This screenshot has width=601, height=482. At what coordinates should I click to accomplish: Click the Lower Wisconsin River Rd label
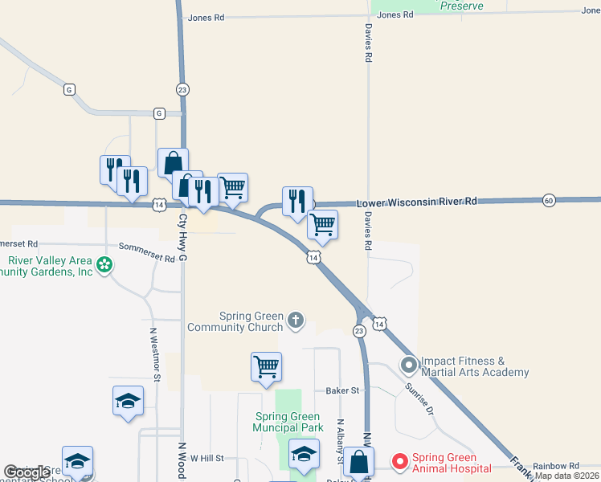point(416,202)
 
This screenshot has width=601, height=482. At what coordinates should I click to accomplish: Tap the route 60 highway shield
point(549,199)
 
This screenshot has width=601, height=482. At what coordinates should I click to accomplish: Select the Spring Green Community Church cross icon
point(296,321)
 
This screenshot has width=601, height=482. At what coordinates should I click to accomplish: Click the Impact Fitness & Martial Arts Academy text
point(475,366)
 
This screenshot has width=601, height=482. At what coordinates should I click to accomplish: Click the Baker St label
point(341,391)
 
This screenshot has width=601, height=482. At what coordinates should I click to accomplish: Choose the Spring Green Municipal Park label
point(288,421)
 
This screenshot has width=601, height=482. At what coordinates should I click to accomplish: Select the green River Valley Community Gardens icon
point(104,265)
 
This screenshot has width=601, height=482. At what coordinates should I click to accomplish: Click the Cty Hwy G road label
point(183,237)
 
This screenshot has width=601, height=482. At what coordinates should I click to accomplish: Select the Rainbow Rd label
point(555,466)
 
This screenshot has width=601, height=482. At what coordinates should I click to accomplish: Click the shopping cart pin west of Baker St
point(266,367)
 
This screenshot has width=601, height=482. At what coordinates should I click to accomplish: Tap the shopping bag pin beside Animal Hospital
point(359,462)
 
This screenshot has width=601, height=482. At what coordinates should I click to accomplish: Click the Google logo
point(27,472)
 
